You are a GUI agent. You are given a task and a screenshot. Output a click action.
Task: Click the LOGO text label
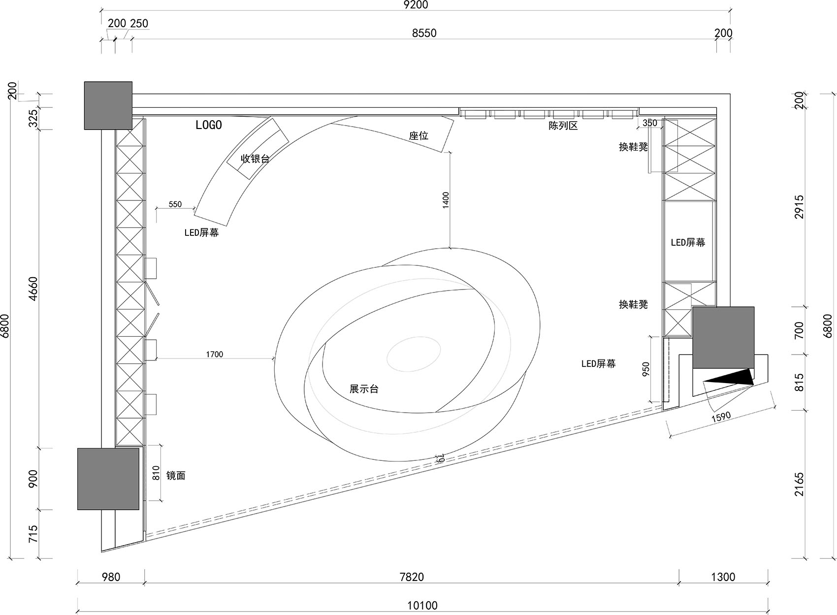[x=208, y=125]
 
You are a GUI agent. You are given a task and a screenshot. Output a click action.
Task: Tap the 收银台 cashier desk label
[x=255, y=159]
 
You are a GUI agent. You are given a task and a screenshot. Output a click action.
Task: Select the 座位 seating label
[x=418, y=135]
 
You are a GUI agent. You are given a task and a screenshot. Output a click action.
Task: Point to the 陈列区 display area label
[x=563, y=126]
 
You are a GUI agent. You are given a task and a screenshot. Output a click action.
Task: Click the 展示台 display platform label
[x=364, y=389]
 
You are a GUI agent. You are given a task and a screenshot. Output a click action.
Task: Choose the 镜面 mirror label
[x=176, y=476]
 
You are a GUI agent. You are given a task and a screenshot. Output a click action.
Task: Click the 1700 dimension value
[x=215, y=354]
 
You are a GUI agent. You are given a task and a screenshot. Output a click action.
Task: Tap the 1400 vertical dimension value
[x=446, y=200]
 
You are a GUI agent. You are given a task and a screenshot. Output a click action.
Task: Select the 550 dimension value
[x=175, y=204]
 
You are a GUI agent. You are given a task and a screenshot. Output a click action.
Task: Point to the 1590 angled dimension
[x=721, y=417]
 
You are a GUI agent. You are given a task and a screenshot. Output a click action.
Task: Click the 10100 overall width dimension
[x=422, y=605]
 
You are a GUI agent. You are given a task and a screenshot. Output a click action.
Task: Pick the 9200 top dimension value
[x=416, y=5]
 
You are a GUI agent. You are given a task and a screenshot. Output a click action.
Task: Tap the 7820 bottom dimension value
[x=412, y=577]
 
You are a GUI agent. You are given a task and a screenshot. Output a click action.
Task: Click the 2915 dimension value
[x=799, y=207]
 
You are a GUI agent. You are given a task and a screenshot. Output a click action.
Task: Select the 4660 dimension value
[x=33, y=289]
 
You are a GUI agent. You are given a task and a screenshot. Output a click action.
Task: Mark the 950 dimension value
[x=646, y=369]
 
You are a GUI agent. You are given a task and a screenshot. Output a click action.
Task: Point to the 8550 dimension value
[x=424, y=33]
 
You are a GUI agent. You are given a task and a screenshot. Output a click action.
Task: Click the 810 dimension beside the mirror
[x=156, y=473]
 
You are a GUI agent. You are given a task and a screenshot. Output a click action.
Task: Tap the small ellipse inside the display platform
[x=414, y=354]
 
